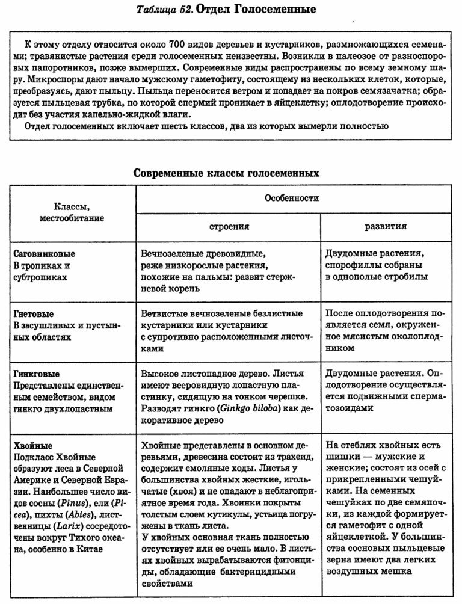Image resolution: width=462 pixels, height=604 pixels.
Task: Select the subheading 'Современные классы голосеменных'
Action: [225, 173]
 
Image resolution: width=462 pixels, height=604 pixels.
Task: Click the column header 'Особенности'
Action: [292, 198]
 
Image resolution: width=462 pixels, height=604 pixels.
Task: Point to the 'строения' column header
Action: [229, 227]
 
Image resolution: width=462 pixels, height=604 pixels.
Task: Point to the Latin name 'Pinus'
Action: [75, 502]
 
